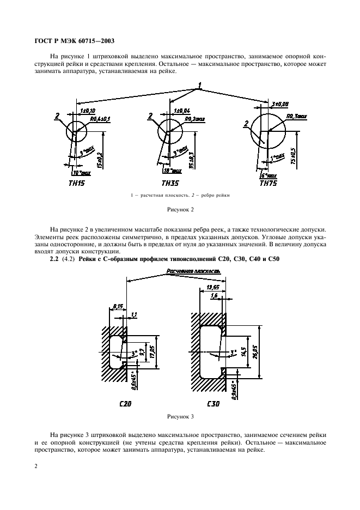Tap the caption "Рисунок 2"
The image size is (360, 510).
coord(180,209)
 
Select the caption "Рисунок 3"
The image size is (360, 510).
coord(180,416)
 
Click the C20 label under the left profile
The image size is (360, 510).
coord(125,405)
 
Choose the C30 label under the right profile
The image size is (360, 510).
coord(215,405)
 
